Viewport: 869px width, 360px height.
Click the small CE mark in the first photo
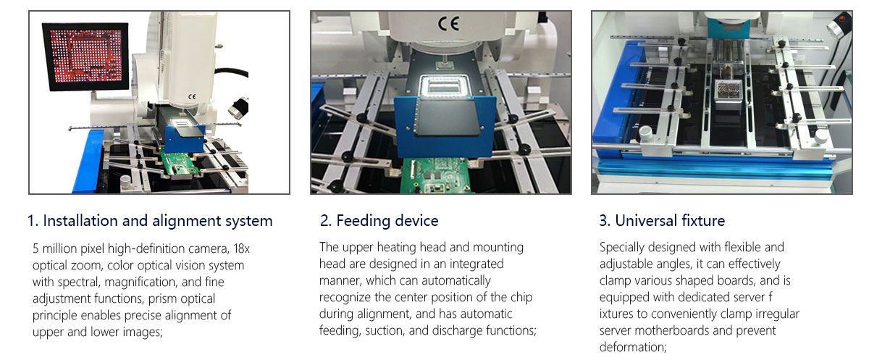click(x=192, y=95)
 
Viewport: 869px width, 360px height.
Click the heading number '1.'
click(x=33, y=221)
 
